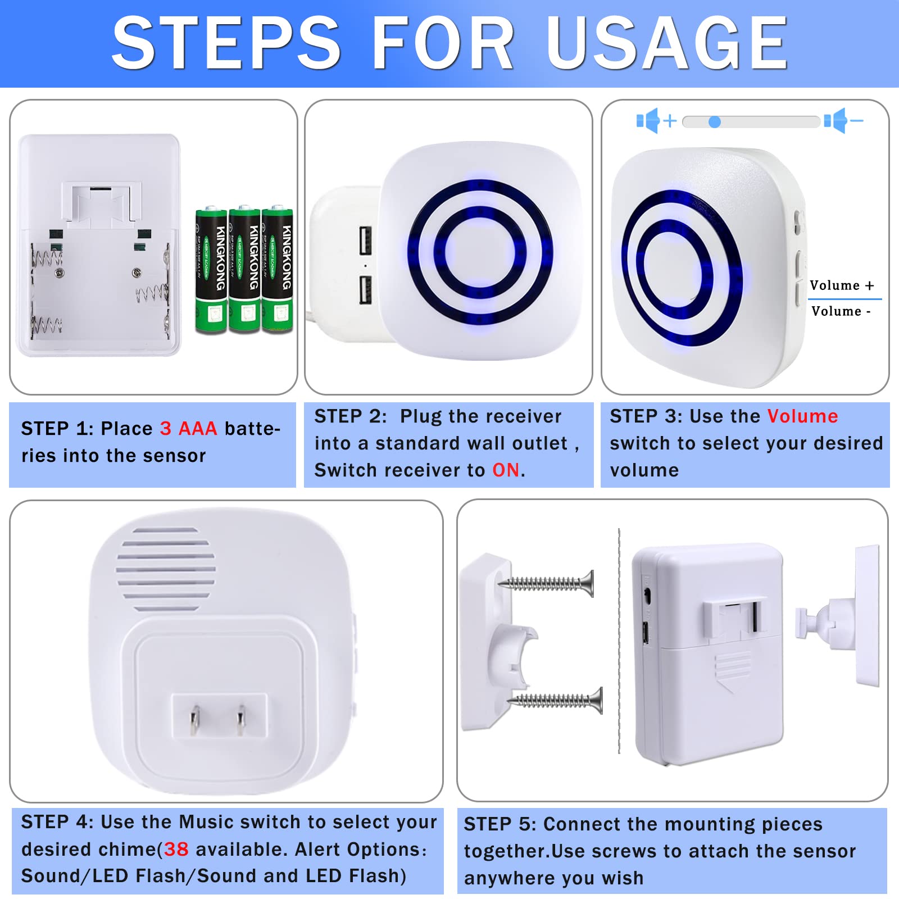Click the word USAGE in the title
tap(668, 43)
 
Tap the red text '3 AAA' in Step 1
tap(188, 429)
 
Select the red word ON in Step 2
tap(506, 470)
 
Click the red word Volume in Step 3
tap(802, 416)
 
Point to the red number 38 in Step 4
tap(176, 849)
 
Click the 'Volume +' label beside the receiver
tap(842, 285)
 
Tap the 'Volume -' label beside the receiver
tap(841, 311)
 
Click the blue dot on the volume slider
tap(714, 122)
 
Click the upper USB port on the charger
tap(365, 240)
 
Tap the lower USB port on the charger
tap(365, 289)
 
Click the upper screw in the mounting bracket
tap(548, 583)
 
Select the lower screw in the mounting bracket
tap(556, 700)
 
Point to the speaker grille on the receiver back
tap(166, 569)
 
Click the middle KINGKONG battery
tap(244, 270)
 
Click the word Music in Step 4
tap(206, 822)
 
